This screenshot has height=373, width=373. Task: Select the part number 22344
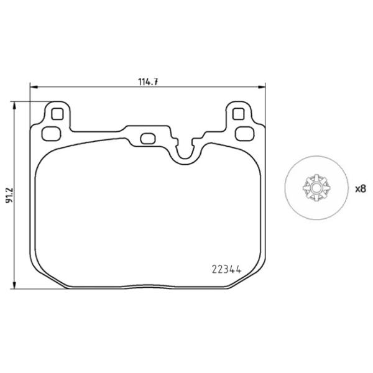(x=227, y=269)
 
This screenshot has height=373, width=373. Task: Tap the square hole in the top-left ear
(x=57, y=114)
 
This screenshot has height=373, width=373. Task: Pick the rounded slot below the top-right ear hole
(x=244, y=132)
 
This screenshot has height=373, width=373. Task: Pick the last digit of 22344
(x=238, y=269)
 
